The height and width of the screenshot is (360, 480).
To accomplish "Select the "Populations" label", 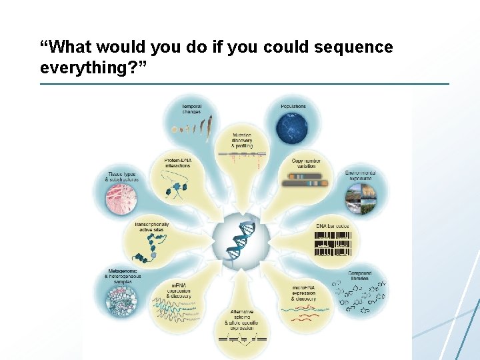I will (293, 106).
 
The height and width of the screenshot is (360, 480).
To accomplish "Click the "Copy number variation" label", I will (307, 163).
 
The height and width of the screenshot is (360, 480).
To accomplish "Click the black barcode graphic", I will (333, 245).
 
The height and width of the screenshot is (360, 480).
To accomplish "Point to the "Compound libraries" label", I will (360, 277).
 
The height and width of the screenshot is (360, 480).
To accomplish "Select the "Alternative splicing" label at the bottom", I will (241, 319).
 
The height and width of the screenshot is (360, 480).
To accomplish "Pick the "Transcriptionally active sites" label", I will (152, 229).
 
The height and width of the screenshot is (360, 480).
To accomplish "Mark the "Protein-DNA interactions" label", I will (177, 163).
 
